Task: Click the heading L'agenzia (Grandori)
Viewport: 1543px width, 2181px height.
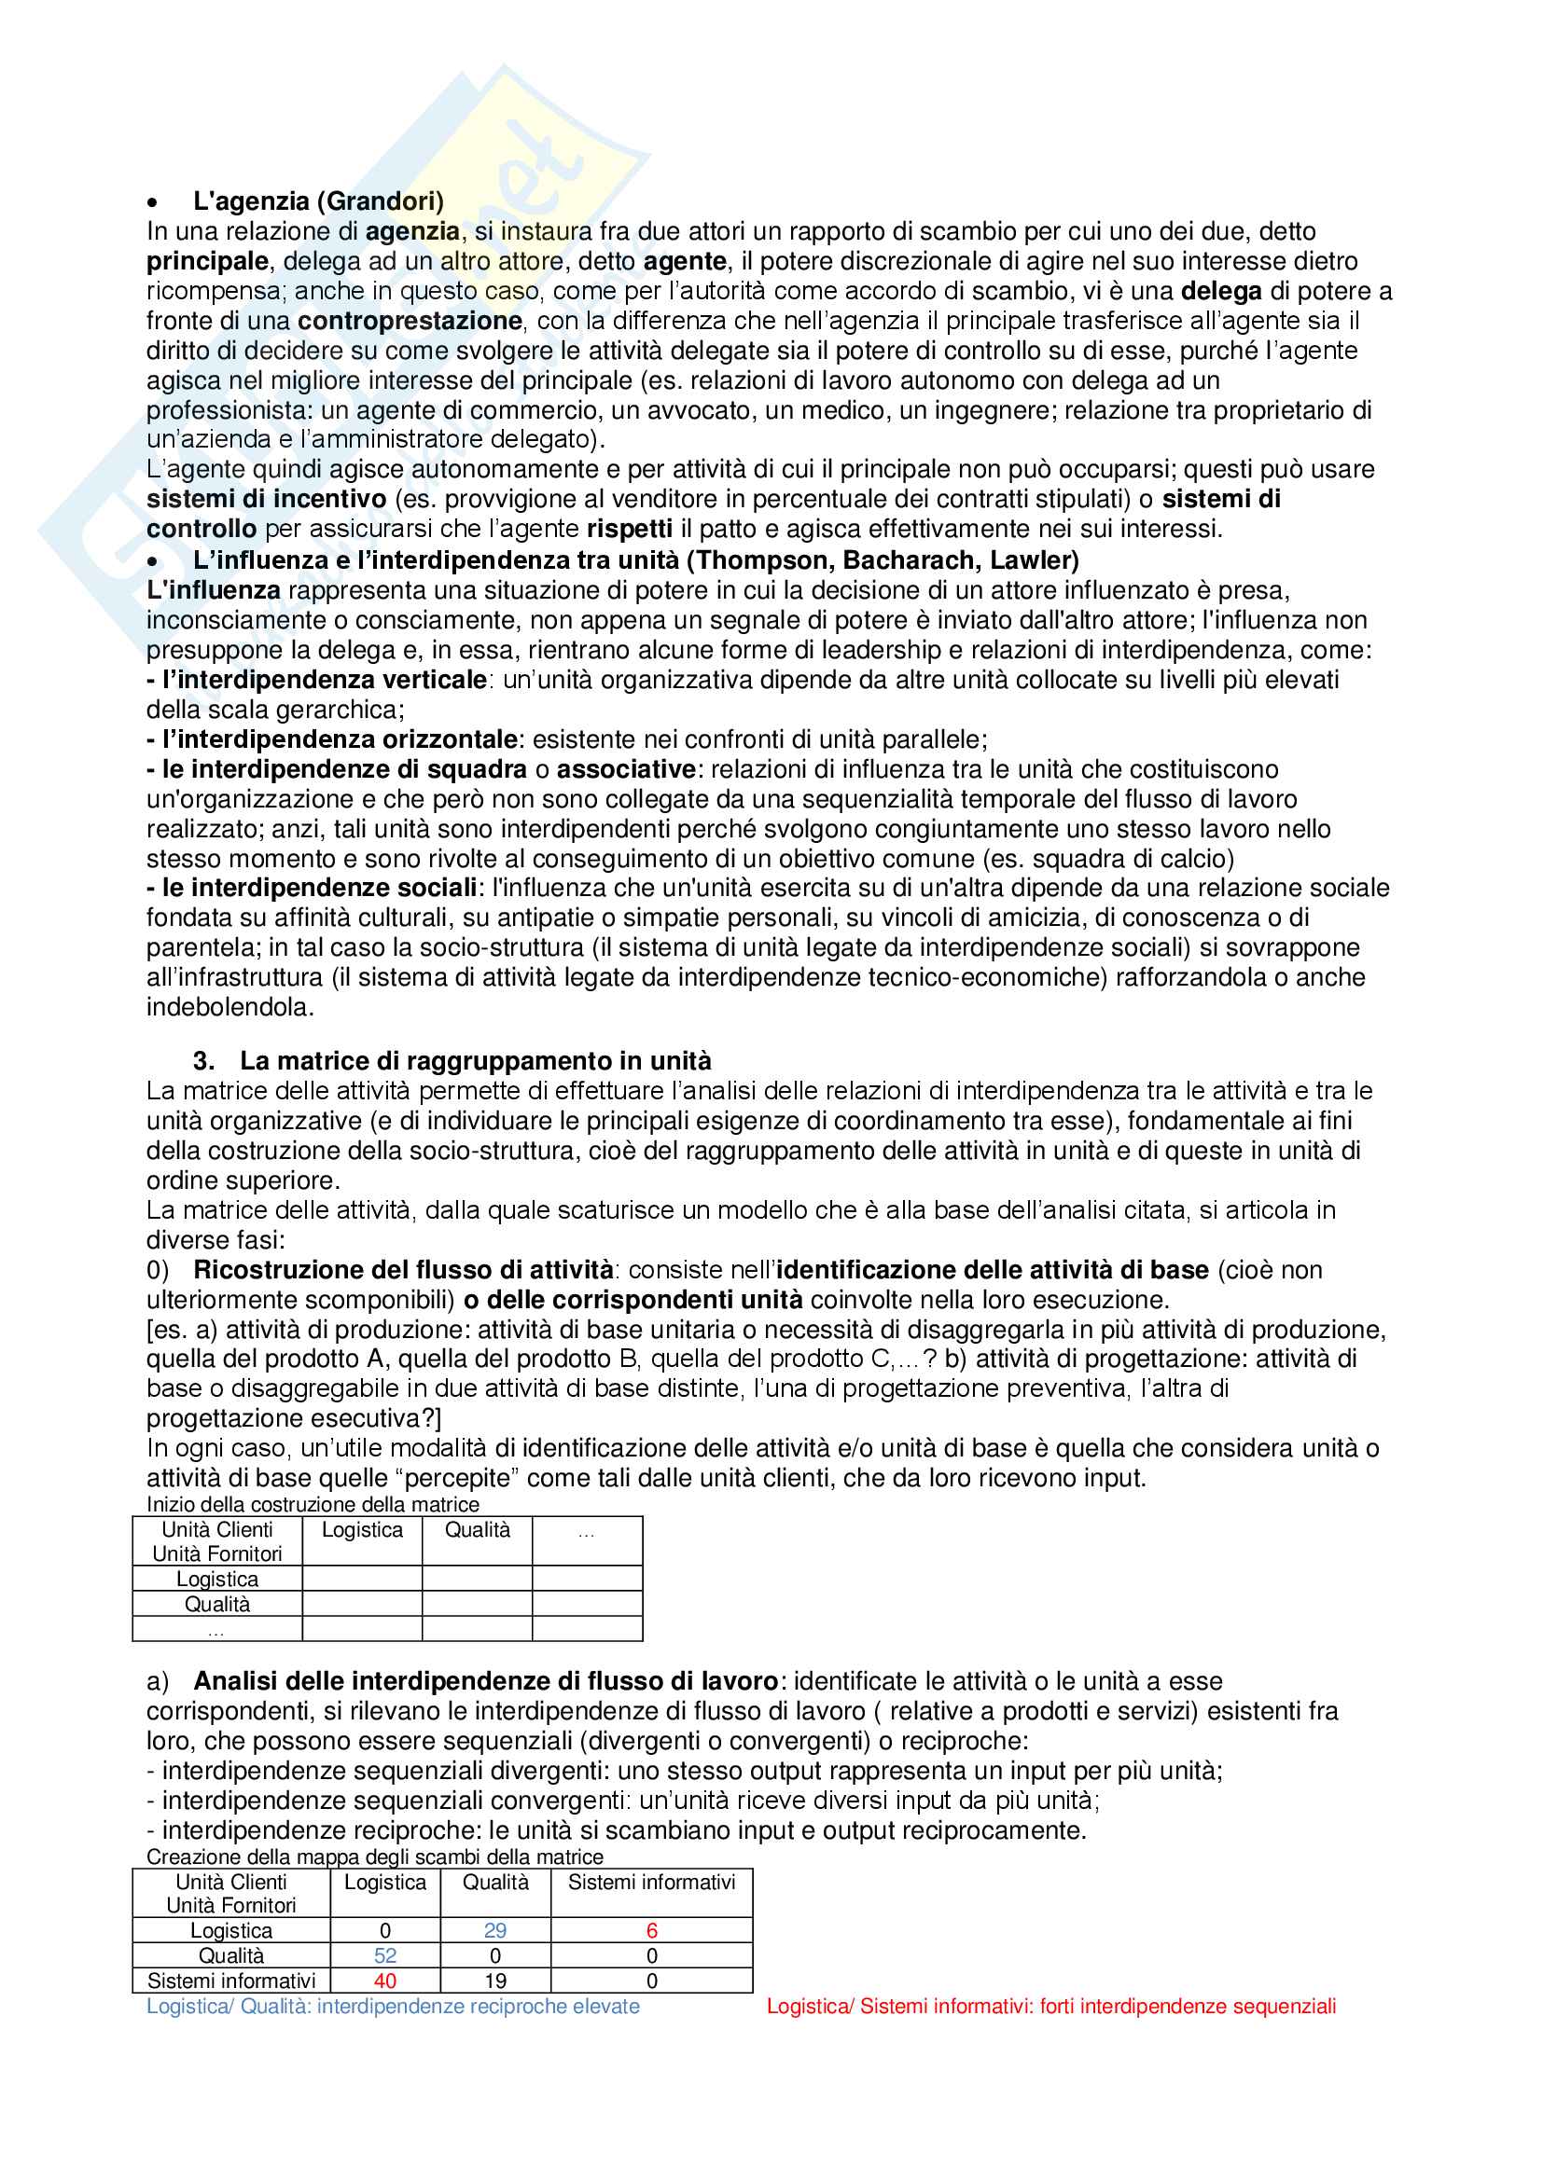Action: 318,201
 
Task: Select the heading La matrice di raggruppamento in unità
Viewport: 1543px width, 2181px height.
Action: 475,1061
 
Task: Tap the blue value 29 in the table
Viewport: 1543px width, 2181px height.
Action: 495,1930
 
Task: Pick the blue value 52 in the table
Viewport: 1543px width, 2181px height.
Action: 384,1956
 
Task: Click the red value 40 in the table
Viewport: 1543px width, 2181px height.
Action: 384,1981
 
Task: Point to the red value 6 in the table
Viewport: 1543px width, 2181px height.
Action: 652,1930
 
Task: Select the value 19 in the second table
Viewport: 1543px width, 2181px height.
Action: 495,1981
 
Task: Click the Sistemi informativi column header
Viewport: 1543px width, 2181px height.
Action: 652,1883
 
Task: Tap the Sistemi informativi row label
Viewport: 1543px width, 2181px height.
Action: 230,1981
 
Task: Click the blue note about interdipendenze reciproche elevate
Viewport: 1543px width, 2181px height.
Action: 393,2007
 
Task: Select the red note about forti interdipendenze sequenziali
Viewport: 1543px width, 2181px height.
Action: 1050,2007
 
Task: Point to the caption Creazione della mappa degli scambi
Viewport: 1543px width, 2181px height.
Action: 374,1857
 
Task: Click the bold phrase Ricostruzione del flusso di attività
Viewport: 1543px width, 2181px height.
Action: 403,1270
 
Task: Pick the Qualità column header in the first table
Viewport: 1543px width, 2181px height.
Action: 477,1530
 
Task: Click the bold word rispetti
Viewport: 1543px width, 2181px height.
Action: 629,529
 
